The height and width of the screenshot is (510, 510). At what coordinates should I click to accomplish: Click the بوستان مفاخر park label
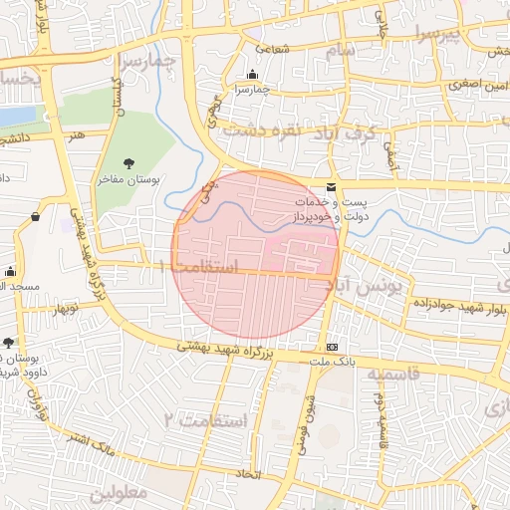click(x=127, y=181)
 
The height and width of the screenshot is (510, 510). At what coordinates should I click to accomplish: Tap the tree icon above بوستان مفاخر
click(x=127, y=164)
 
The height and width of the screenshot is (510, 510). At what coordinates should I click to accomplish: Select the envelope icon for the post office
click(x=331, y=188)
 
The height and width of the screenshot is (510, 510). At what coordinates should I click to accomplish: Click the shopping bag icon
click(x=37, y=215)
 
